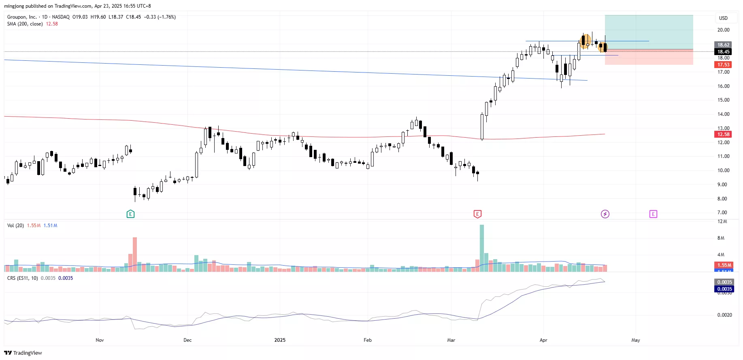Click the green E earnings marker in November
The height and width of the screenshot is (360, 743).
(x=130, y=214)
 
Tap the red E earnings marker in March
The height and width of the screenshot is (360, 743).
(x=477, y=214)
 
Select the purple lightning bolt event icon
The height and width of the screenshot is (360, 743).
(x=605, y=214)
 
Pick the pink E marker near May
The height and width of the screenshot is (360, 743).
(x=653, y=214)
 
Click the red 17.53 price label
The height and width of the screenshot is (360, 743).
(x=723, y=65)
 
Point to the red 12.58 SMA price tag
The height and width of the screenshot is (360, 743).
(x=723, y=134)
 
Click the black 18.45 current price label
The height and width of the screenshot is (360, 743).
(x=723, y=51)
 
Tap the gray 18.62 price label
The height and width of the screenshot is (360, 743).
(x=723, y=45)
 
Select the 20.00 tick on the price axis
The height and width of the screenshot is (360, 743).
(x=723, y=30)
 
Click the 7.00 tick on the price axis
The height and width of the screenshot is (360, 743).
(x=722, y=213)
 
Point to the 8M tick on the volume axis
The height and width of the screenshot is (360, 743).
(x=721, y=238)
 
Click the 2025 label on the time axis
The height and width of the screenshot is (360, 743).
(x=280, y=340)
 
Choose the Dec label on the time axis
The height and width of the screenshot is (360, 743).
(x=187, y=340)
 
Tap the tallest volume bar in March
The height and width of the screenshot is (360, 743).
(x=482, y=248)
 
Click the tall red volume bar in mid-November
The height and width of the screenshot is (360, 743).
(x=135, y=254)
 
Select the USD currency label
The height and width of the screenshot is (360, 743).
(x=723, y=18)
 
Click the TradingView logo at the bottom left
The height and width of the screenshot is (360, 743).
(x=23, y=353)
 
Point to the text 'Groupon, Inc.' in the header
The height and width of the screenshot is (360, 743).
(x=22, y=17)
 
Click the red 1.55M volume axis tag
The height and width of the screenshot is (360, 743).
(x=724, y=265)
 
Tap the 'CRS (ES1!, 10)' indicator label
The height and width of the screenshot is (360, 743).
(x=23, y=278)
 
